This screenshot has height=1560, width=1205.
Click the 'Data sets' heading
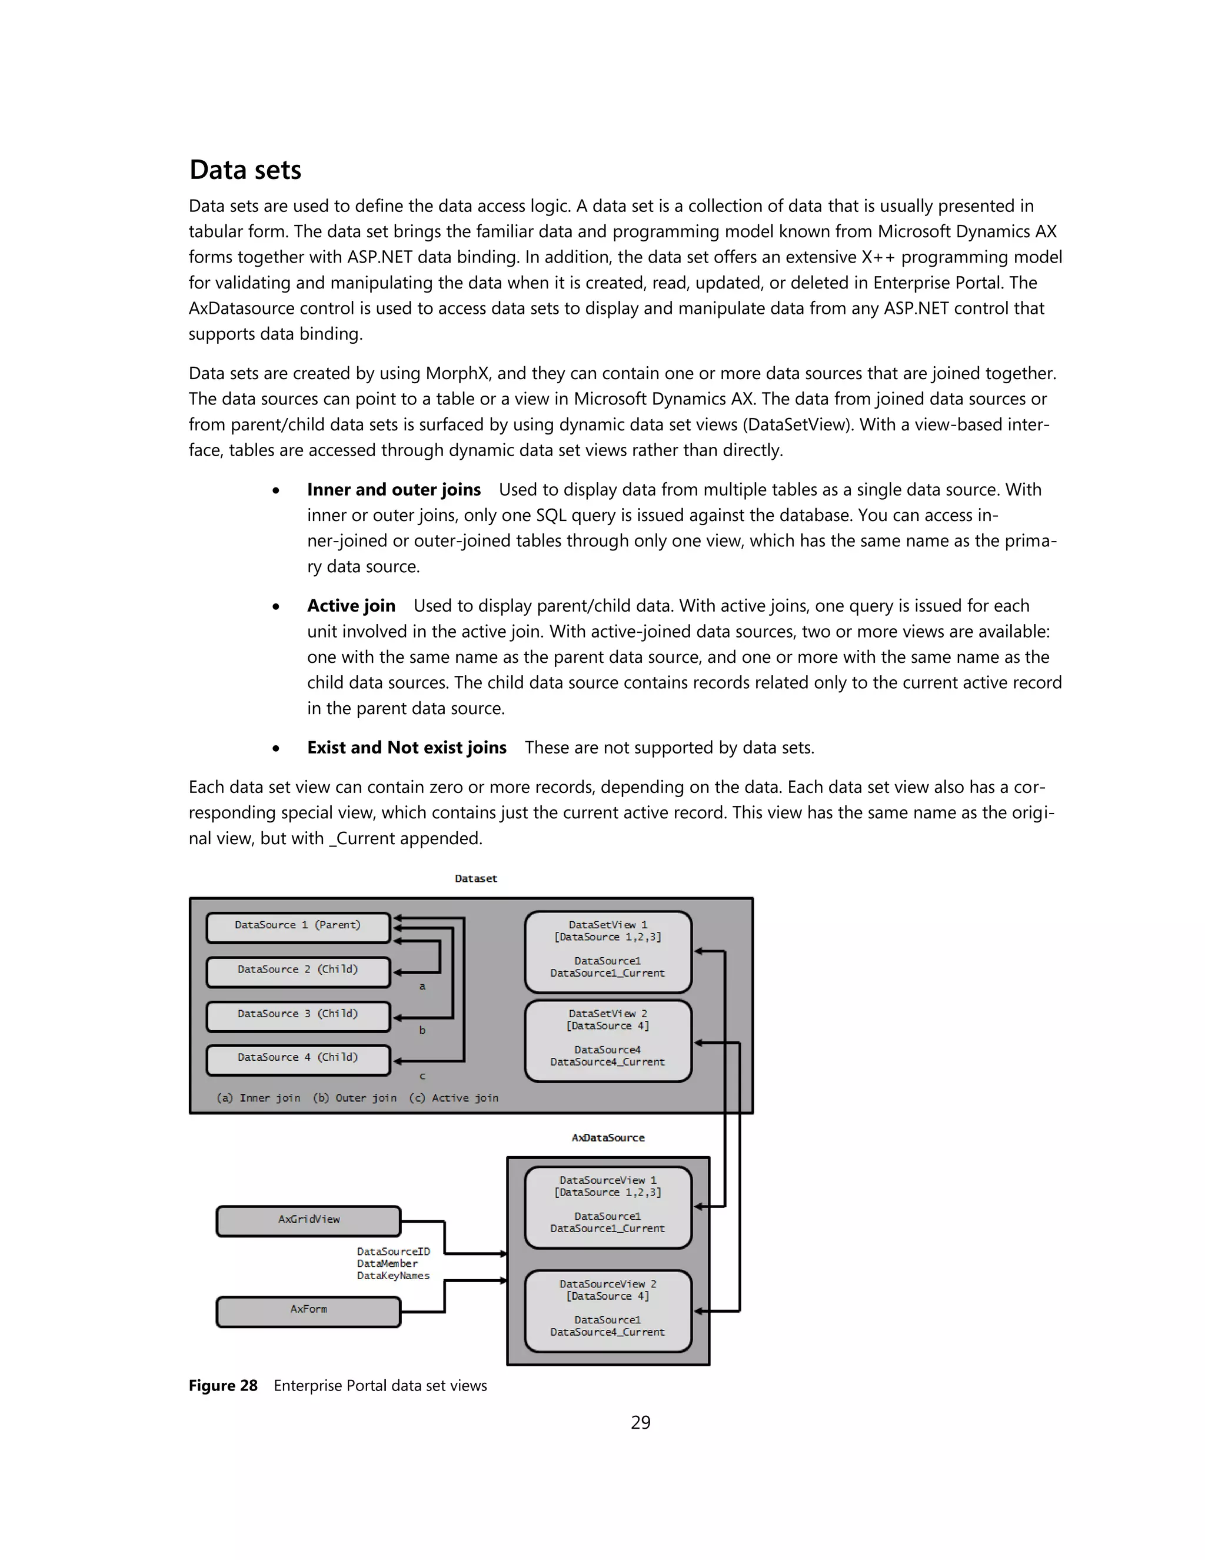point(245,170)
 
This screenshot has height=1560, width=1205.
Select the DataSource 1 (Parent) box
point(298,927)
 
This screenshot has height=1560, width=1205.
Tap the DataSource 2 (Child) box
point(298,971)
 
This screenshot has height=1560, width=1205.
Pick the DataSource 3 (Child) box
point(298,1015)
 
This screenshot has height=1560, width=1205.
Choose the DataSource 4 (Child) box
point(298,1059)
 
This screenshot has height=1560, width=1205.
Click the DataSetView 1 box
point(607,951)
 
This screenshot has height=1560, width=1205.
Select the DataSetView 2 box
point(607,1040)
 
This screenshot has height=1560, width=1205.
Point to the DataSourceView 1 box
point(607,1206)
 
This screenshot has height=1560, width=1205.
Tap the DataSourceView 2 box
point(607,1310)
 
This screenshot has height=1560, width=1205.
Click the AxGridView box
point(308,1221)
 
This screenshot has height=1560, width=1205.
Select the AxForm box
point(308,1311)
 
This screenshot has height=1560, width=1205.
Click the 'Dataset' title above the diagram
point(475,878)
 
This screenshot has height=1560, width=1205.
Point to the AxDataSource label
point(607,1138)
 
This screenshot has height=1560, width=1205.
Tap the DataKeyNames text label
point(394,1276)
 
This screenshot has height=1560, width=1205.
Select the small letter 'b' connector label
point(422,1030)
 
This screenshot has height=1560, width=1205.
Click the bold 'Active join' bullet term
point(351,606)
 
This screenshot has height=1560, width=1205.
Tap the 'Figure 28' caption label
point(223,1386)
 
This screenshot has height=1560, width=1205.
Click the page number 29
point(640,1422)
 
